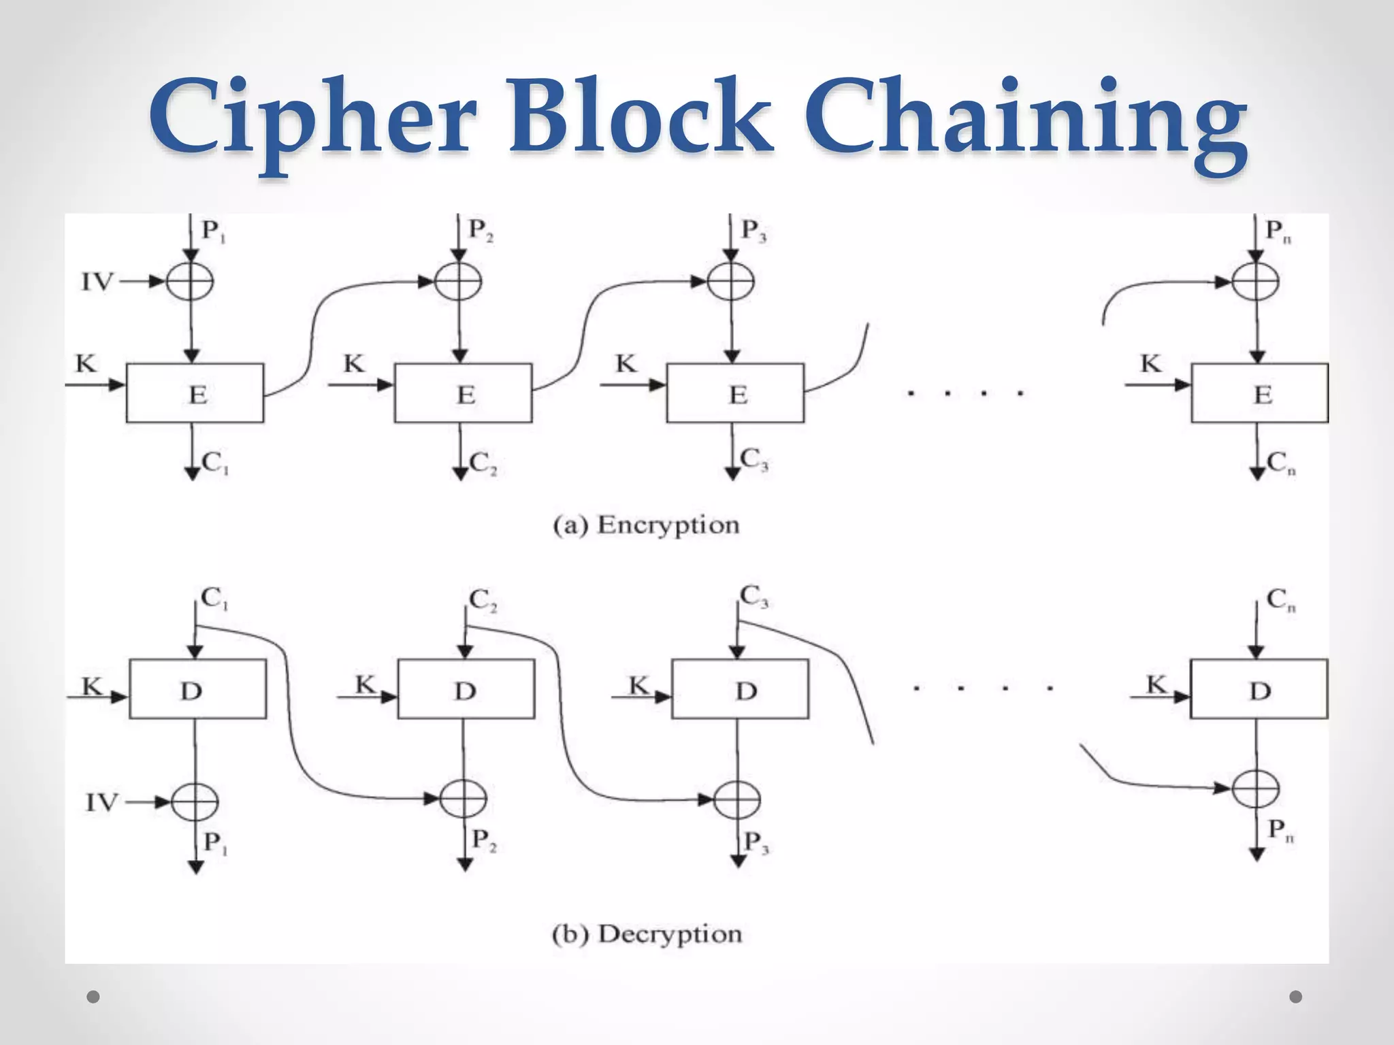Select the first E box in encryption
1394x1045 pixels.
click(195, 393)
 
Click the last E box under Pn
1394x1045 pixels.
click(1259, 393)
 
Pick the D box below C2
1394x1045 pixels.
click(466, 689)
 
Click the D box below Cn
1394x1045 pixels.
click(1259, 689)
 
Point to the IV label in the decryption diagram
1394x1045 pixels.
click(102, 803)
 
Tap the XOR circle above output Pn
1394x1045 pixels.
click(1257, 789)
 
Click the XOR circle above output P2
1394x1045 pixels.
click(463, 799)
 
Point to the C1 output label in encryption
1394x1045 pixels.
click(215, 463)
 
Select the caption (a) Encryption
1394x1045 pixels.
click(646, 525)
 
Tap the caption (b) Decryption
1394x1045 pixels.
click(647, 934)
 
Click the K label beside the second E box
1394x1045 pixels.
click(354, 364)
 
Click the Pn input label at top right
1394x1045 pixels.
click(1278, 231)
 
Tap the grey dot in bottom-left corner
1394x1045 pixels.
click(94, 997)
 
